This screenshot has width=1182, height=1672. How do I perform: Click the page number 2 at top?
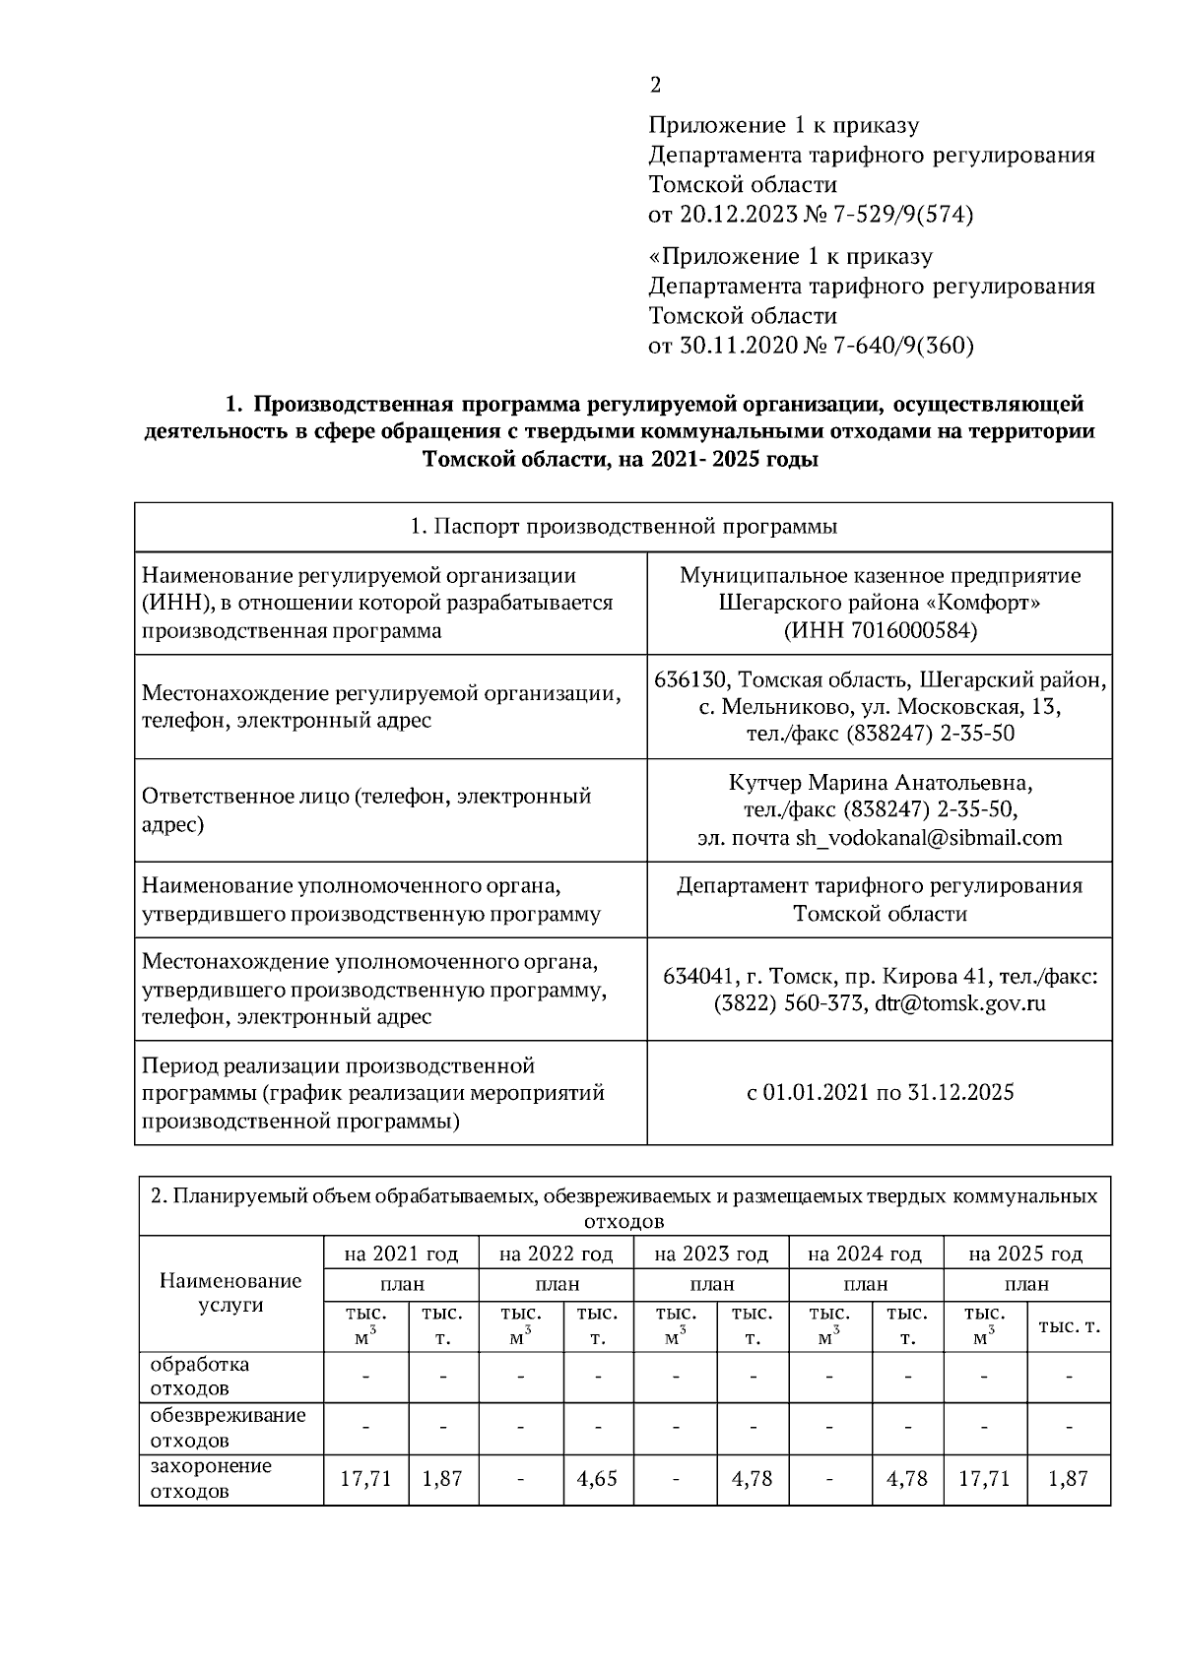(x=655, y=86)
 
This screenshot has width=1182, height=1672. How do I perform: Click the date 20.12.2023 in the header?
(x=728, y=214)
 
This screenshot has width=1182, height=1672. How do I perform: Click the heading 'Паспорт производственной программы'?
(x=624, y=526)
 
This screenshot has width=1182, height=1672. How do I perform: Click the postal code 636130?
(x=690, y=680)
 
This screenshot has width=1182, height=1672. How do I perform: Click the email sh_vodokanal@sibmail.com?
(x=929, y=838)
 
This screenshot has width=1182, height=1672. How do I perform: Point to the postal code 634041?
(x=698, y=977)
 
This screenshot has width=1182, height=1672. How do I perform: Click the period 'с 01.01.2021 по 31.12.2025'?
(x=880, y=1092)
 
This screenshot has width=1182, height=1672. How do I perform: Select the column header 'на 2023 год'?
(x=711, y=1254)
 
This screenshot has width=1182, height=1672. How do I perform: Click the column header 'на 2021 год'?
(x=401, y=1254)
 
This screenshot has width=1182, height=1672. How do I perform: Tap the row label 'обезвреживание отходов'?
(x=228, y=1428)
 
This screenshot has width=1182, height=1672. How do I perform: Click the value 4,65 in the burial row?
(x=598, y=1479)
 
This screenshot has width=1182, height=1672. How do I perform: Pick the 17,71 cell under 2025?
(x=984, y=1479)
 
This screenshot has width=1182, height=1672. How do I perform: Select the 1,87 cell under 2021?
(x=442, y=1479)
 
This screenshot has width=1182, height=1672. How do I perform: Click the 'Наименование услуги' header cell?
(x=230, y=1292)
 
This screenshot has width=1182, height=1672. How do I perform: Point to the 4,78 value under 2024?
(x=907, y=1479)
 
